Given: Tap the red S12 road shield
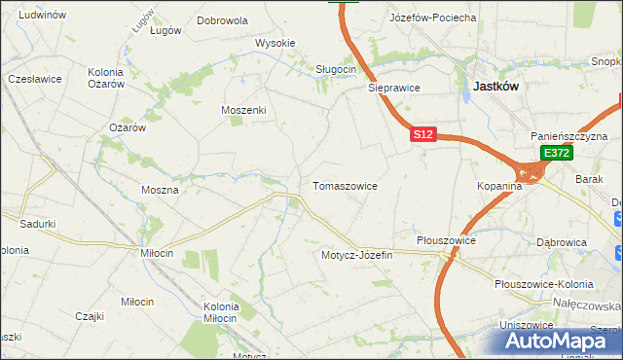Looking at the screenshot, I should [x=421, y=135].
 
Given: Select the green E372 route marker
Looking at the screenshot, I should [x=556, y=153].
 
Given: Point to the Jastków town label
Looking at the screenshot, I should [x=495, y=86].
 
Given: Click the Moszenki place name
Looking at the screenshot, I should [x=243, y=110].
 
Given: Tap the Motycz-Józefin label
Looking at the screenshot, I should [x=356, y=255].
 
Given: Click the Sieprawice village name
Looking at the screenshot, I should [x=393, y=87].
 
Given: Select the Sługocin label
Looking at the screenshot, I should [x=337, y=69].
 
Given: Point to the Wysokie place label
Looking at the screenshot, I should [x=275, y=43].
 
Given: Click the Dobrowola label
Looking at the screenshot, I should [x=222, y=19].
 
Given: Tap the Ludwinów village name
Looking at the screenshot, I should [x=42, y=15].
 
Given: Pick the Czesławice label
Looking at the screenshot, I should [x=34, y=78].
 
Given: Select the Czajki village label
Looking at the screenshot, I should [x=90, y=315].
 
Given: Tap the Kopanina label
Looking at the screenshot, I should [x=501, y=185].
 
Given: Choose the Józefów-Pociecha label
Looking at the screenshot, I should [x=432, y=18].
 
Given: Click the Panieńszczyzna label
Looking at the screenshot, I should [x=568, y=137].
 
